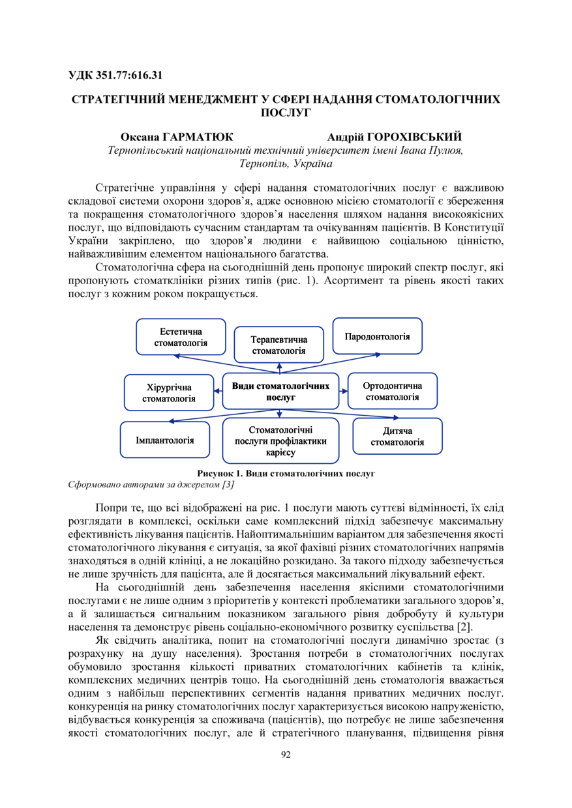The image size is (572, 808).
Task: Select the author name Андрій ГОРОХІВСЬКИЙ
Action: pos(395,137)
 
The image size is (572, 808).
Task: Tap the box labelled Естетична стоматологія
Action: pos(181,337)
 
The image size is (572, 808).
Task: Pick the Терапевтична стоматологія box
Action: pos(279,345)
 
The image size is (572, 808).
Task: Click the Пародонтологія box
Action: pos(377,336)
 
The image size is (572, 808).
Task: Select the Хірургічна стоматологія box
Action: pos(168,393)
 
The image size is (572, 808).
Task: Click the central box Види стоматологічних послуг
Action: pos(280,391)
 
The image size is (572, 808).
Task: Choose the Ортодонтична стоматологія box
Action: pos(391,391)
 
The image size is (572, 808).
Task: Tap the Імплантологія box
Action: pos(164,440)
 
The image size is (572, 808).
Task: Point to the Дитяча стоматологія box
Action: pos(397,437)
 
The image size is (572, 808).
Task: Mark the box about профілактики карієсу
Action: pos(280,440)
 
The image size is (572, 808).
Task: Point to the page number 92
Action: pos(286,755)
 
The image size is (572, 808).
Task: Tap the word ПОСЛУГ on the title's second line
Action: pos(285,112)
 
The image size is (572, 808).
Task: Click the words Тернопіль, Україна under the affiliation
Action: pos(285,163)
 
